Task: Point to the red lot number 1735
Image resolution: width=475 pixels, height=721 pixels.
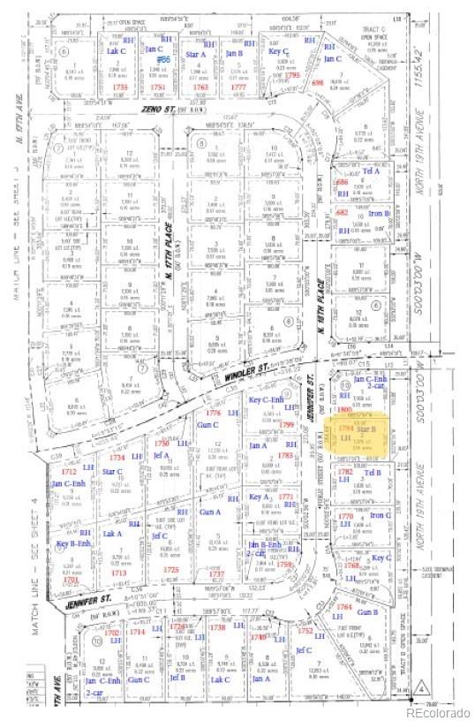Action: pos(121,88)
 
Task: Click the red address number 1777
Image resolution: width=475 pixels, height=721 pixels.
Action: pos(237,88)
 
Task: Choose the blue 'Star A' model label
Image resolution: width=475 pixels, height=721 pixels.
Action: pos(195,55)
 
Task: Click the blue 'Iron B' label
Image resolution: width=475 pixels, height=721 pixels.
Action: pos(380,213)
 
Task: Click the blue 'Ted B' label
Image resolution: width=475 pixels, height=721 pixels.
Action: pos(373,473)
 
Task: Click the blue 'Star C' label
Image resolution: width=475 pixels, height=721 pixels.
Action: pos(112,472)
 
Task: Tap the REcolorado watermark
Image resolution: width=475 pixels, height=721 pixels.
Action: pos(439,711)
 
